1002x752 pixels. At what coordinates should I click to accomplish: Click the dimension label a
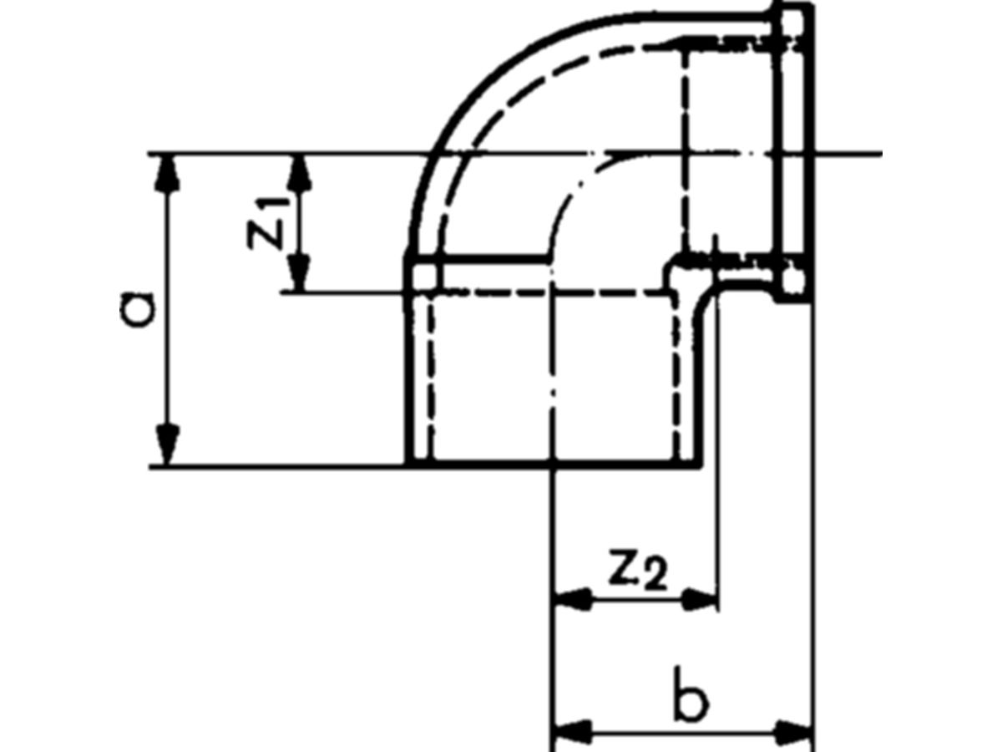pyautogui.click(x=137, y=310)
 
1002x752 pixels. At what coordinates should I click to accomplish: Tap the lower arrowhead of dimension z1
pyautogui.click(x=299, y=272)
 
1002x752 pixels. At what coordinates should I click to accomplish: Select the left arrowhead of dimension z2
pyautogui.click(x=573, y=599)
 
